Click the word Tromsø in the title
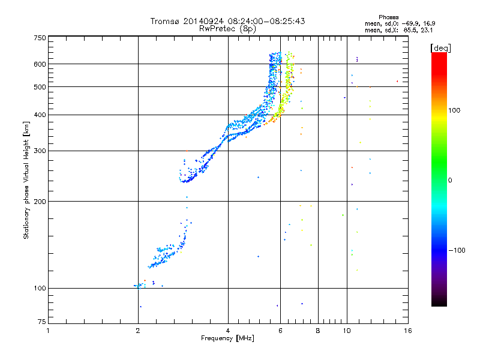tap(165, 21)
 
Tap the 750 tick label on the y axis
tap(40, 38)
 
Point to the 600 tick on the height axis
tap(40, 64)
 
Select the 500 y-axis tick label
tap(40, 87)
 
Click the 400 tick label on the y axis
tap(40, 115)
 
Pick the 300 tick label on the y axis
tap(40, 151)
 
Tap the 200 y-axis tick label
tap(40, 202)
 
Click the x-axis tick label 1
tap(48, 331)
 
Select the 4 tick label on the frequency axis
tap(228, 331)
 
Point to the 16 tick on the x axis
tap(407, 331)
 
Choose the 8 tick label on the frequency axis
tap(318, 331)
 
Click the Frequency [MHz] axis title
tap(227, 339)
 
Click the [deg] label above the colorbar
tap(441, 47)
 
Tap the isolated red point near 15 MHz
tap(397, 81)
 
